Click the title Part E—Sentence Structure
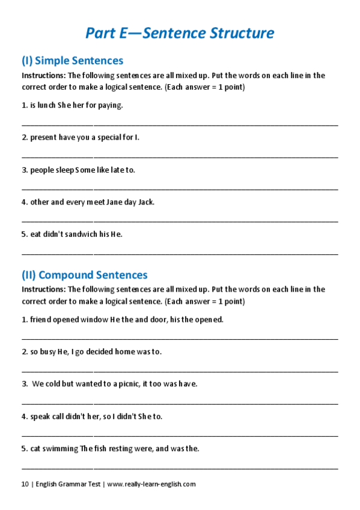click(x=180, y=32)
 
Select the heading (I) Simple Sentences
click(x=72, y=61)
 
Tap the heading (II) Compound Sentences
click(x=84, y=275)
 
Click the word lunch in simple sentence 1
click(x=46, y=105)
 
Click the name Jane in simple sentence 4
click(x=114, y=202)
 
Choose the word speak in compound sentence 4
click(x=41, y=416)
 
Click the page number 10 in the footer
click(x=25, y=484)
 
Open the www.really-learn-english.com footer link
click(x=151, y=484)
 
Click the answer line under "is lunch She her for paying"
click(x=180, y=124)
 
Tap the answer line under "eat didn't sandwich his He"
click(x=180, y=253)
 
